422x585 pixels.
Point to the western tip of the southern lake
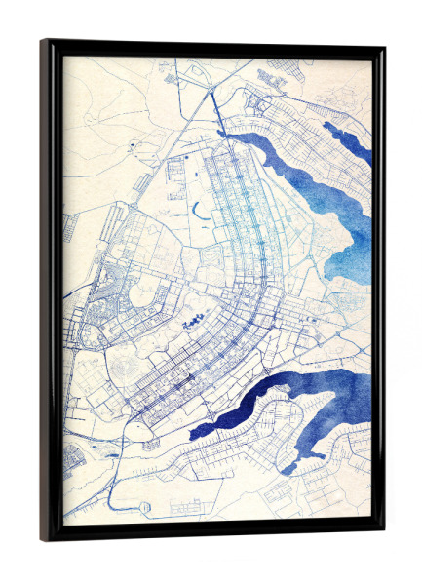tap(192, 432)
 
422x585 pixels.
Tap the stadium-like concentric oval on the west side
tap(127, 370)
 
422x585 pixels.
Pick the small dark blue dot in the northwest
tap(129, 145)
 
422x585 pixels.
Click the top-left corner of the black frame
tap(43, 42)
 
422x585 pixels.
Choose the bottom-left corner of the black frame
tap(43, 539)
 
